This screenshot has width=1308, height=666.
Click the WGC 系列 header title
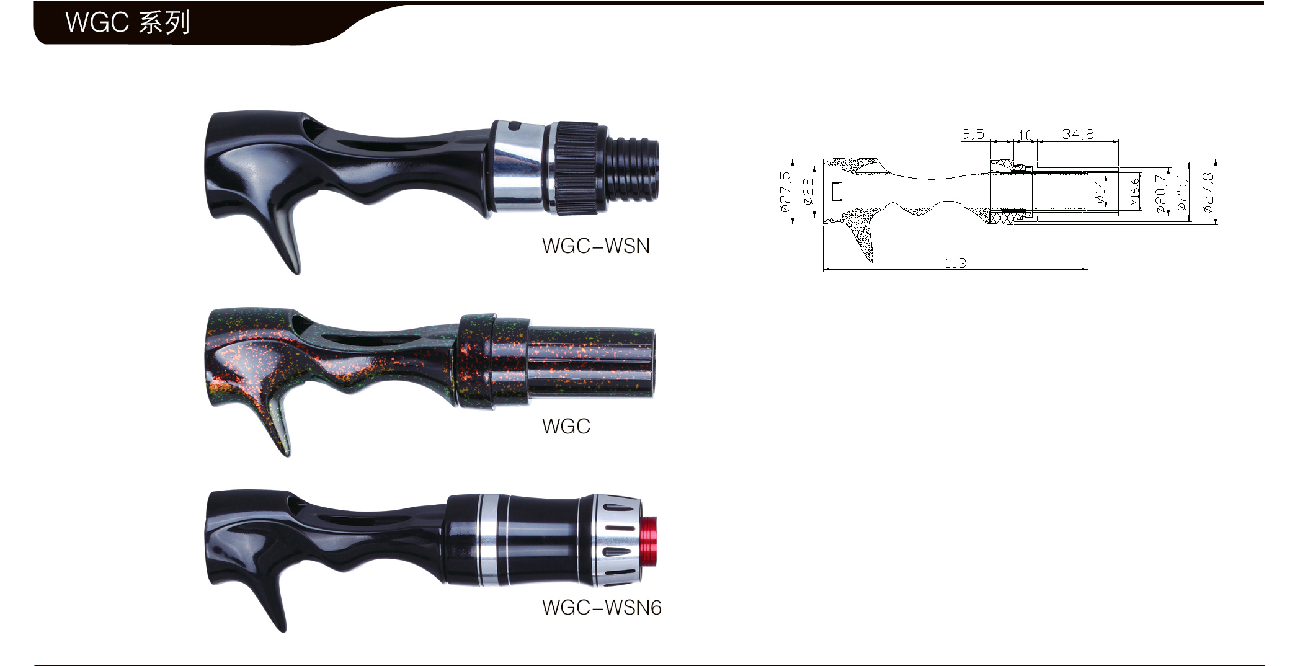pos(127,22)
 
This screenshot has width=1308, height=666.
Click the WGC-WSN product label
pos(595,246)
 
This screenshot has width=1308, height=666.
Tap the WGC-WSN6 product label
pos(601,607)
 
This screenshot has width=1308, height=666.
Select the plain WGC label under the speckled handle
pos(566,427)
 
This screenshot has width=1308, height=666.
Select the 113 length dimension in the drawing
pos(955,263)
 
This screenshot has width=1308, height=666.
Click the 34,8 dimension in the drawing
pos(1078,134)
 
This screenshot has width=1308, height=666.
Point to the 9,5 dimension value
pos(973,134)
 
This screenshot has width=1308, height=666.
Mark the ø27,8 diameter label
pos(1208,192)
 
